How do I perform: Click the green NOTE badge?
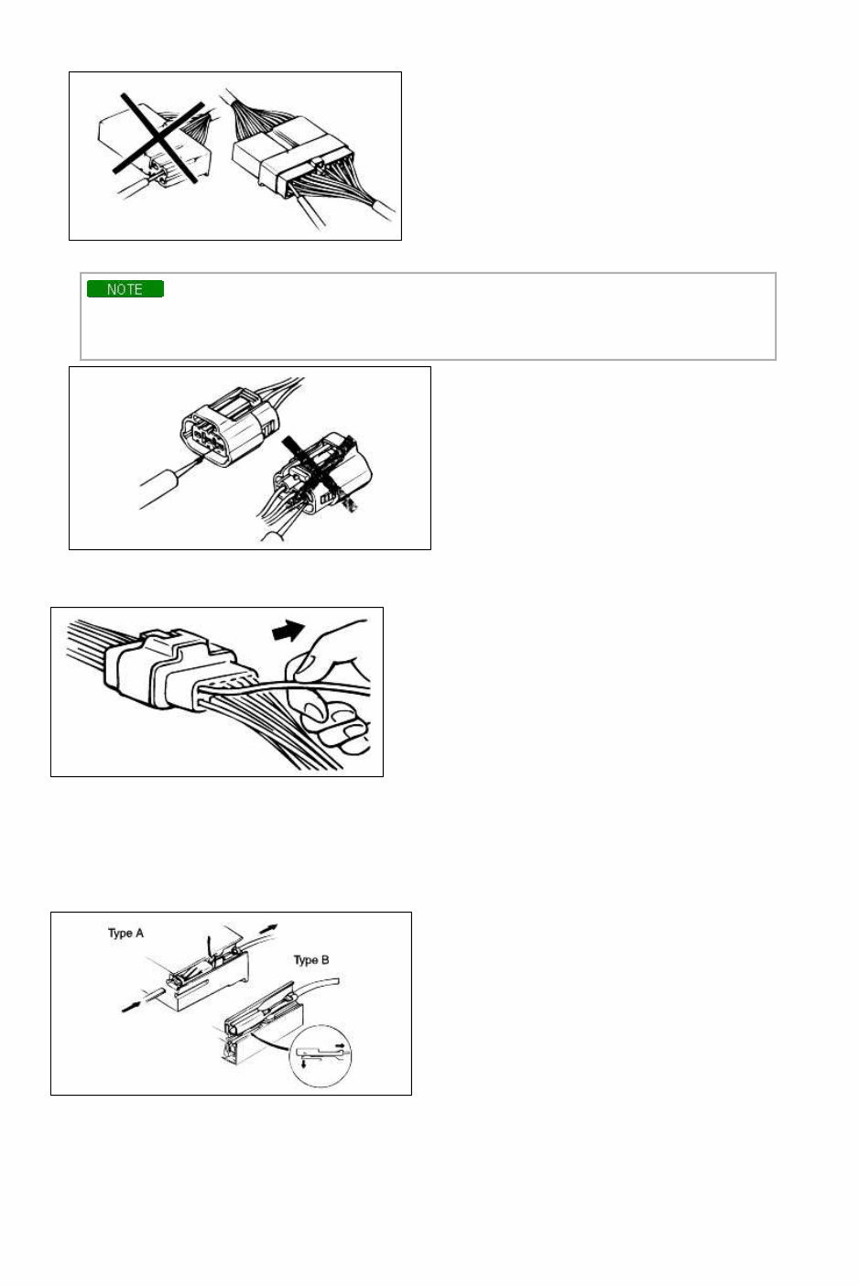125,289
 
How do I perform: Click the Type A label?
125,934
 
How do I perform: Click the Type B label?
310,960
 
